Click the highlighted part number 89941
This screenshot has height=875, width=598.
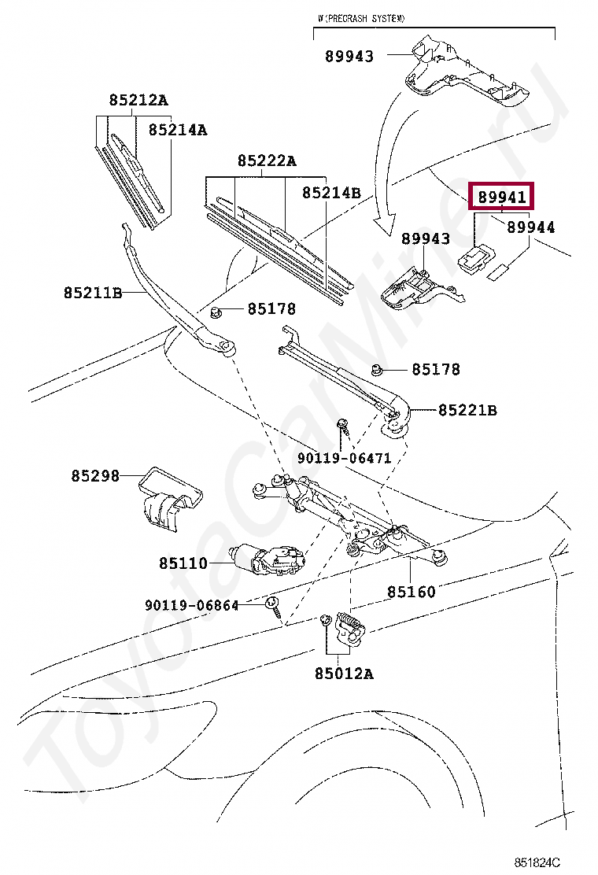(501, 197)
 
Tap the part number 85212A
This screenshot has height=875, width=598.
(138, 100)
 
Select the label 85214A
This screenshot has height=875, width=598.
(178, 130)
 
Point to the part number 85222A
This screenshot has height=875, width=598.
(267, 161)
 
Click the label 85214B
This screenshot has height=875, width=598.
(331, 193)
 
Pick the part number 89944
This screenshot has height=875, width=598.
(530, 227)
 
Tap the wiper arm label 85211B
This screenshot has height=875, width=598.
(93, 293)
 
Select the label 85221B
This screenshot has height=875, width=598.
(467, 410)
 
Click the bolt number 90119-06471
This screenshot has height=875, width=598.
(344, 458)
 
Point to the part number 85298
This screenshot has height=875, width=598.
(95, 476)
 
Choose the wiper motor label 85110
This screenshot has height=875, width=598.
(183, 563)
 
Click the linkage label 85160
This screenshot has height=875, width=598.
(411, 591)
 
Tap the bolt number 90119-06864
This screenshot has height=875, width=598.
(191, 605)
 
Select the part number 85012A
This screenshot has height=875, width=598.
(344, 674)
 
